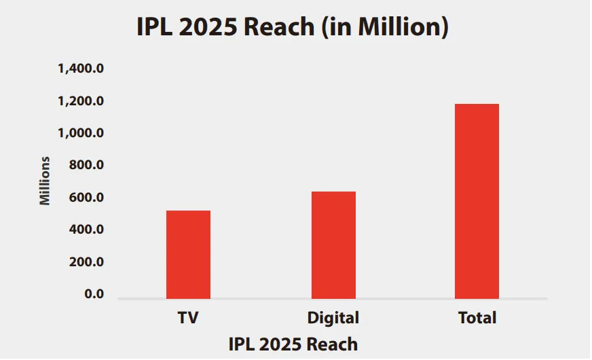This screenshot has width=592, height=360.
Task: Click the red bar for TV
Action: [188, 255]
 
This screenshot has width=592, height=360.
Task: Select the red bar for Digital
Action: [333, 245]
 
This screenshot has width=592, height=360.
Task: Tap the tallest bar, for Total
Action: [477, 201]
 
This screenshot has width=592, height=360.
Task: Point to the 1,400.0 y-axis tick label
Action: [81, 69]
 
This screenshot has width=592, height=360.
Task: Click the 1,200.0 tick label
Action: [81, 101]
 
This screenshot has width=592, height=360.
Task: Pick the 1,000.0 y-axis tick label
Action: [81, 133]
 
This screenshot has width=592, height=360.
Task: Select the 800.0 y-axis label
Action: [86, 166]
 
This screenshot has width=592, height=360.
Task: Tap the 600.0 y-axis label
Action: [86, 198]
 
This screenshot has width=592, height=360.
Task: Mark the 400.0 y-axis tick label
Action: [86, 230]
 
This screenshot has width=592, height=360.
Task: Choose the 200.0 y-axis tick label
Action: [86, 262]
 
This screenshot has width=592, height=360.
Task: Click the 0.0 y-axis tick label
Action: [94, 294]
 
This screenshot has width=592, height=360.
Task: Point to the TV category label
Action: [188, 318]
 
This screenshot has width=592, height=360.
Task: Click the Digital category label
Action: [333, 318]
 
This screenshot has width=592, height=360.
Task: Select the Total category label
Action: [477, 318]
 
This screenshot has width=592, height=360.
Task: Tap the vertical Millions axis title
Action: [45, 181]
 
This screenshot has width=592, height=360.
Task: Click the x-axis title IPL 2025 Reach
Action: [293, 344]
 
